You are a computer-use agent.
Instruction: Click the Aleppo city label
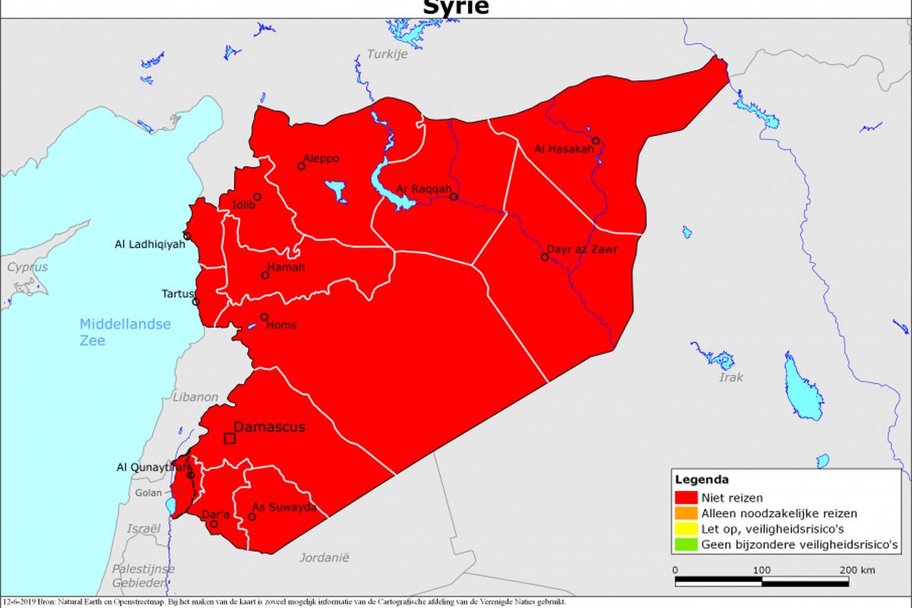tap(321, 159)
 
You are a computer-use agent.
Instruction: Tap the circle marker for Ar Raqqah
tap(454, 197)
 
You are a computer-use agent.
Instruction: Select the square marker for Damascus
tap(230, 439)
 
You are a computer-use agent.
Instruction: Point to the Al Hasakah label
tap(564, 148)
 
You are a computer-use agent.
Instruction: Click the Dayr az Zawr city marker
tap(545, 257)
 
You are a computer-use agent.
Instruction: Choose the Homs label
tap(282, 325)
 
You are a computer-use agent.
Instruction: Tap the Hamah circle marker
tap(265, 275)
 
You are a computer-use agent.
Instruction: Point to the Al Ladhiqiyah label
tap(149, 245)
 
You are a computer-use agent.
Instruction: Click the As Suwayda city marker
tap(252, 517)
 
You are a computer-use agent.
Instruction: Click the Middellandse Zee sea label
tap(125, 332)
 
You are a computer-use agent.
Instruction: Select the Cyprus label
tap(22, 268)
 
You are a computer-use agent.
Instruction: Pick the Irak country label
tap(731, 377)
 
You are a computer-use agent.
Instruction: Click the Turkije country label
tap(388, 54)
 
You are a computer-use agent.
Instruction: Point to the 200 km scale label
tap(857, 570)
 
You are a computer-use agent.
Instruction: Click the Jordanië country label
tap(324, 557)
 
